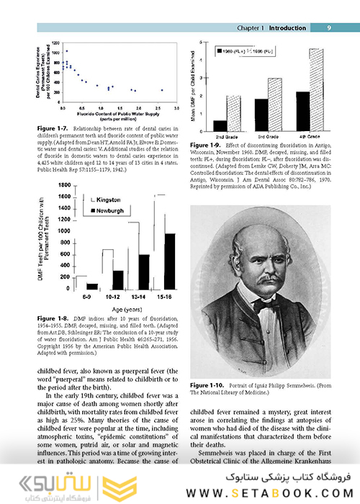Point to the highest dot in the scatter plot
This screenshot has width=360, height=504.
pos(67,51)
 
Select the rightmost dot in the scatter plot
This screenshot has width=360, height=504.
pos(162,90)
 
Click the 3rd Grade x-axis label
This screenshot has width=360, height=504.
pos(267,137)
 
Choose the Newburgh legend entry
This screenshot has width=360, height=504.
pos(107,210)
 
